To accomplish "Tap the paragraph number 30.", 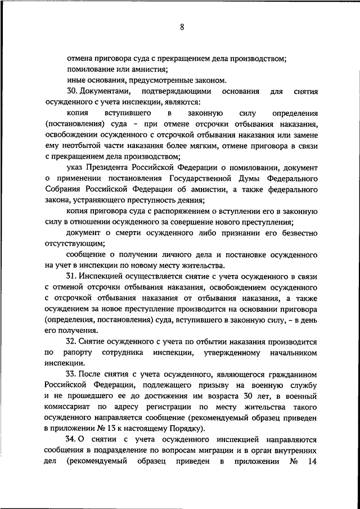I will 70,91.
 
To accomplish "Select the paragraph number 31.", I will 70,276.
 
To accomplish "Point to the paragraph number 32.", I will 70,341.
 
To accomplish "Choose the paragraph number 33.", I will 70,374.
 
